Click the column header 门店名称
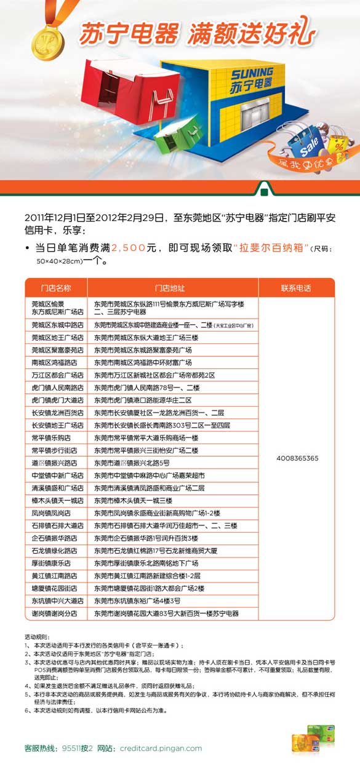pos(56,287)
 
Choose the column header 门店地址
pos(170,287)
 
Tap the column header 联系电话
pos(296,287)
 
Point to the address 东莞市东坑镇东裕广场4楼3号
pos(137,600)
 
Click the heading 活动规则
pos(35,637)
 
